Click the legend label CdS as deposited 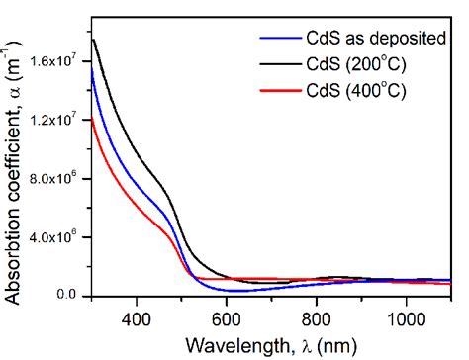click(364, 41)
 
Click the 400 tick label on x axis click(137, 317)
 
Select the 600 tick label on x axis click(227, 317)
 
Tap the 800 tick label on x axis click(317, 317)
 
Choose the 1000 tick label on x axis click(406, 317)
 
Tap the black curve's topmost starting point click(93, 39)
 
